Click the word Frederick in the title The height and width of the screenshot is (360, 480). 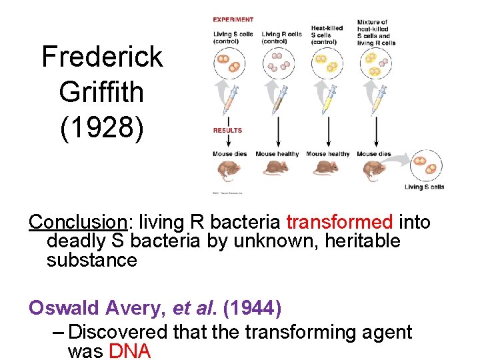click(x=102, y=57)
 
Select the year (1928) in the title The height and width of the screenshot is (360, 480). click(x=102, y=127)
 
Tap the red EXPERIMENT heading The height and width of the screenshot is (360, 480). click(x=233, y=20)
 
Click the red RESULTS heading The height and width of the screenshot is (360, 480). click(x=228, y=131)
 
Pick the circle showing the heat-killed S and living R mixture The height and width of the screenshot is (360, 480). click(x=375, y=65)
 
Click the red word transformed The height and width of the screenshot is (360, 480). click(x=339, y=221)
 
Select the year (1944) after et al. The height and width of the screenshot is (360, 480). click(x=252, y=308)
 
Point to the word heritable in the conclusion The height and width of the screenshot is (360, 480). click(x=362, y=240)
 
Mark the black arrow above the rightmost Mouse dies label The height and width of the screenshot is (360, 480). click(x=376, y=133)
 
